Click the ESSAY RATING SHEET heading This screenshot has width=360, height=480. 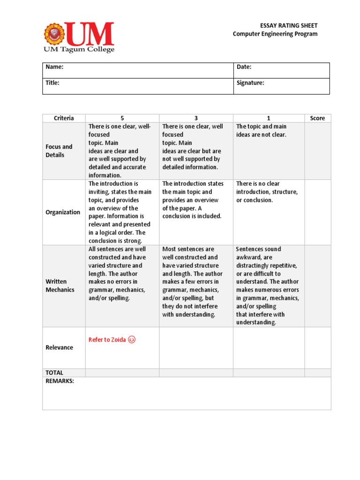289,25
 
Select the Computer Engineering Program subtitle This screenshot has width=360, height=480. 275,34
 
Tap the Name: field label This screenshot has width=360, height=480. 54,67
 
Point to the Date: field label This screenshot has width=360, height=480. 244,67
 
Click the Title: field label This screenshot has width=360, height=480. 52,83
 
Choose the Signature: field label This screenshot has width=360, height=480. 250,83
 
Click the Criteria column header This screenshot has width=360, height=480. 64,118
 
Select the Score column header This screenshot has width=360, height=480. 317,118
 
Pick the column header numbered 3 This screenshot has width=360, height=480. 196,118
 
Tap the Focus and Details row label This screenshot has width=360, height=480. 59,151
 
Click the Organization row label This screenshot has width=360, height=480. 63,212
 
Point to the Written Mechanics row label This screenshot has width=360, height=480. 60,286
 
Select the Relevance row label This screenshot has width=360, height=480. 59,347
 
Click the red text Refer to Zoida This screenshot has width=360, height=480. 107,340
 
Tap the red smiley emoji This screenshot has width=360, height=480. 132,340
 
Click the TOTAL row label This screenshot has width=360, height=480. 54,373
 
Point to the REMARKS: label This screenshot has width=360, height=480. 60,381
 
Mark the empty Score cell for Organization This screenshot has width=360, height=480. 317,212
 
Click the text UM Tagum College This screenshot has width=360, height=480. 79,49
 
